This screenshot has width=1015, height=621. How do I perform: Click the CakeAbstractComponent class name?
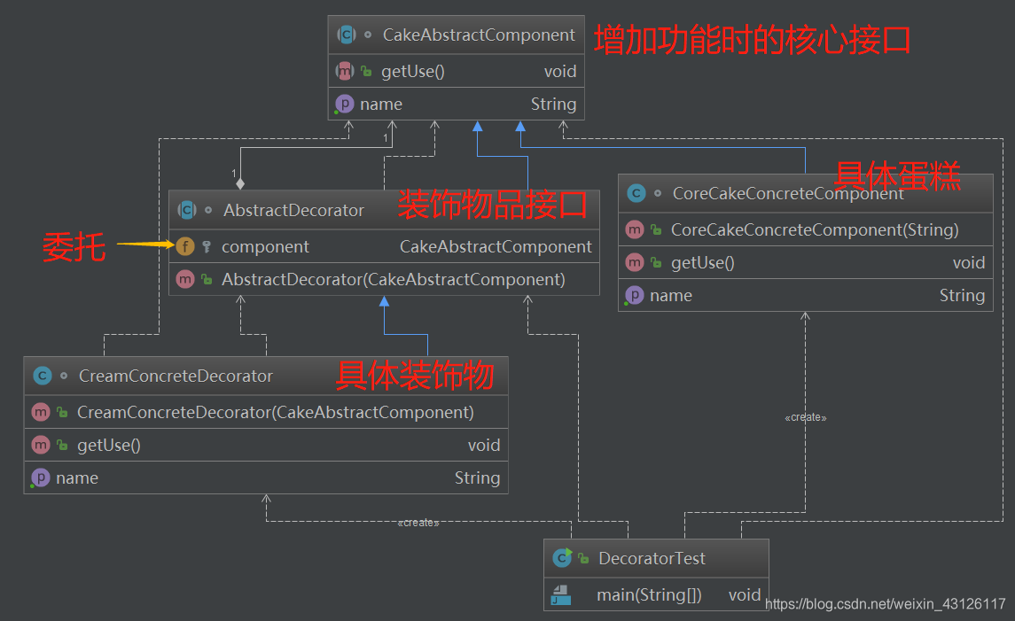point(479,35)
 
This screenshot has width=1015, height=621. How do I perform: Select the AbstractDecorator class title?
point(293,210)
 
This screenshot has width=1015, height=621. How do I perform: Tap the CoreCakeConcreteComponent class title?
point(788,193)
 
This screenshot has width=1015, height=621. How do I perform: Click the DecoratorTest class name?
point(652,558)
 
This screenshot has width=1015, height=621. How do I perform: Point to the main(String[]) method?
point(649,595)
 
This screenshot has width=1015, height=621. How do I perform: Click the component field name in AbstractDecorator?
point(265,246)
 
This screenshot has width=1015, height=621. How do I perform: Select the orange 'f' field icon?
point(185,246)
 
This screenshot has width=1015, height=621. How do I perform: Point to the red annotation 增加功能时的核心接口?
point(752,41)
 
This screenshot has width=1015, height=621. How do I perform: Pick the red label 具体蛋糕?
point(897,175)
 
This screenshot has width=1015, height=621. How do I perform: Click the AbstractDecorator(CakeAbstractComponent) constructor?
point(393,279)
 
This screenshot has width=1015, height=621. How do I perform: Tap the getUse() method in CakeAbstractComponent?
point(412,72)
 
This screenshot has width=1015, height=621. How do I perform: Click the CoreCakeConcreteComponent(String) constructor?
point(815,229)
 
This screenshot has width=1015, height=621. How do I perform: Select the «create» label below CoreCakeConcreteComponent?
point(805,417)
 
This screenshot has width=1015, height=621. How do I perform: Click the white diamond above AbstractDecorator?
point(239,183)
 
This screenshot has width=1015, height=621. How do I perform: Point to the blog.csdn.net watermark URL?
point(885,604)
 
